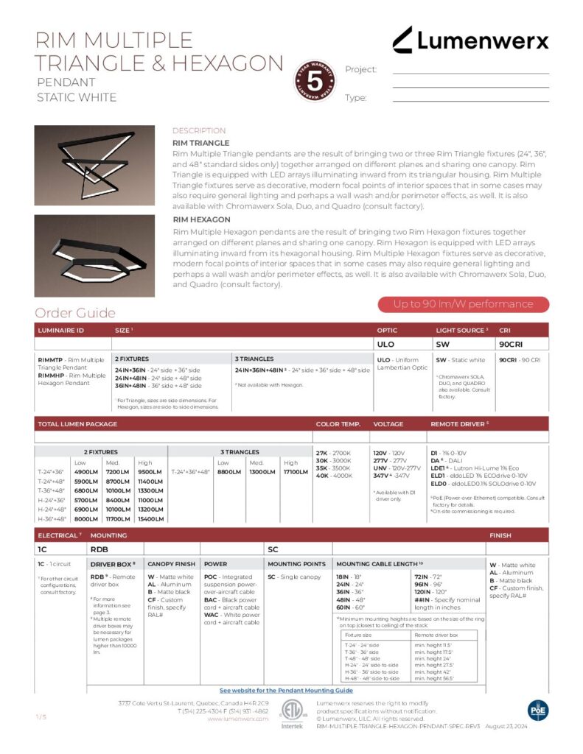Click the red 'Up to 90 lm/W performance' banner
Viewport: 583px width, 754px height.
pyautogui.click(x=463, y=304)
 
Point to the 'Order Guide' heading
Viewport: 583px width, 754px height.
pyautogui.click(x=75, y=313)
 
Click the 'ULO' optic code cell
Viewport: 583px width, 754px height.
pyautogui.click(x=386, y=343)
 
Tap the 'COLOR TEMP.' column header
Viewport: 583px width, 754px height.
pyautogui.click(x=338, y=424)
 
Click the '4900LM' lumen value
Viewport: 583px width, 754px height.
pyautogui.click(x=86, y=472)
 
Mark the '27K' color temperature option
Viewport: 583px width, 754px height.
pyautogui.click(x=322, y=453)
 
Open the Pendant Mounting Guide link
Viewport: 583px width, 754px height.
pyautogui.click(x=286, y=691)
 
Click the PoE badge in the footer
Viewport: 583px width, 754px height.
pyautogui.click(x=538, y=709)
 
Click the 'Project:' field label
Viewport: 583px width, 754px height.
pyautogui.click(x=361, y=69)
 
